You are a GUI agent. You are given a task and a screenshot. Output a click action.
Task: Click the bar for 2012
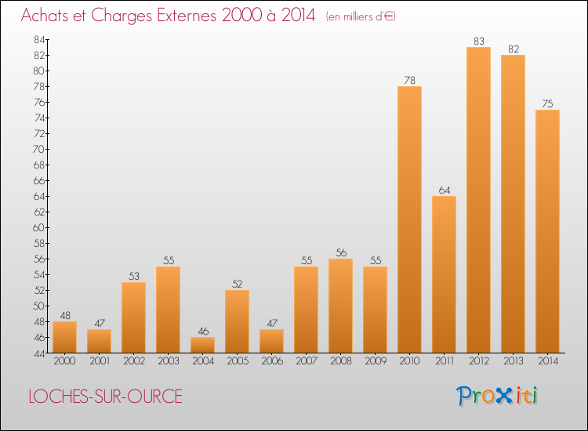coord(478,200)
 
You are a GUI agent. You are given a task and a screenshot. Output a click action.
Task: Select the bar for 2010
coord(409,219)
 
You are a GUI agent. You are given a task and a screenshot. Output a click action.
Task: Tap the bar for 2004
coord(202,345)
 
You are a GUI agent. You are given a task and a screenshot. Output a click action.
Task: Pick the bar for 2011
coord(444,274)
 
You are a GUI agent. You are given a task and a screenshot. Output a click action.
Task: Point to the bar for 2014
coord(547,231)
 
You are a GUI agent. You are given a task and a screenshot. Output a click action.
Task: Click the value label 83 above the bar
coord(478,41)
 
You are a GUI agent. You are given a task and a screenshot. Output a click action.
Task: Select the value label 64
coord(444,190)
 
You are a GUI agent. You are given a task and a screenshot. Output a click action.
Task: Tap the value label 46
coord(202,331)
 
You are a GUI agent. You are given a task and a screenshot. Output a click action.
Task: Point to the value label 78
coord(409,80)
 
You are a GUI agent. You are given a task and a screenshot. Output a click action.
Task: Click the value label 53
coord(133,276)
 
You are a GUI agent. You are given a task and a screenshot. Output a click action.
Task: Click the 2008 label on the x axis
coord(340,361)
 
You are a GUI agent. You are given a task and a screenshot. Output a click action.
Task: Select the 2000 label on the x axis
coord(64,361)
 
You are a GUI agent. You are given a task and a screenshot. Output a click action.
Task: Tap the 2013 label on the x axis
coord(513,361)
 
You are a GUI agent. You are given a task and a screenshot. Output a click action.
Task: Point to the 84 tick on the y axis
coord(38,39)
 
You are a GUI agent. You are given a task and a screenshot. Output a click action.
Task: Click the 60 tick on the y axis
coord(38,227)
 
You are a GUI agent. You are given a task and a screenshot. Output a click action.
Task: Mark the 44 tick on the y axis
coord(38,353)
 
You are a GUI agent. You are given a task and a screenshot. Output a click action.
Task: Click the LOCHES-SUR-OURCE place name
coord(105,397)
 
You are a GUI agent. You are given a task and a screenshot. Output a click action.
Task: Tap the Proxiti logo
coord(499,396)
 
